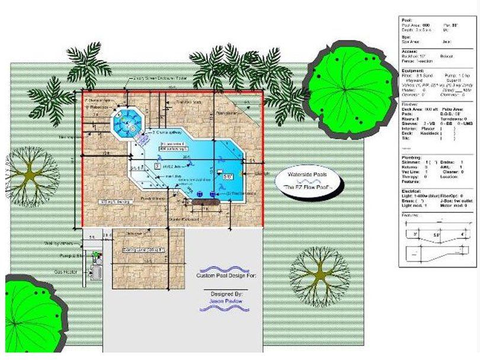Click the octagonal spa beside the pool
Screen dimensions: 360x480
[127, 122]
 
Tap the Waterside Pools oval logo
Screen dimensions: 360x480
[306, 180]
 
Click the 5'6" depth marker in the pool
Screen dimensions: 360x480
[228, 176]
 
